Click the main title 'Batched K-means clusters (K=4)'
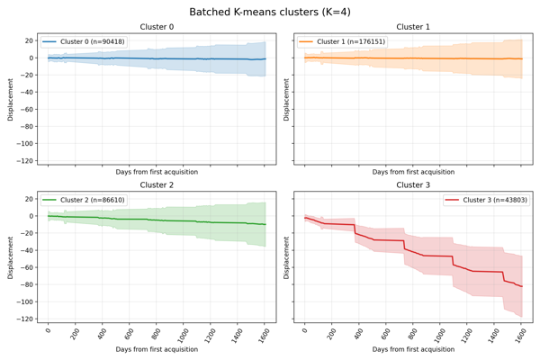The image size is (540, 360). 270,12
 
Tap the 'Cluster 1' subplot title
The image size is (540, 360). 413,27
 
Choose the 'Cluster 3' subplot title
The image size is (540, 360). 413,185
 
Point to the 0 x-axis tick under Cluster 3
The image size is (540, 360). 306,332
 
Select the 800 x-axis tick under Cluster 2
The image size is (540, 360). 156,334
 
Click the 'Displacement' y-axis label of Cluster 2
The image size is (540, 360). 11,257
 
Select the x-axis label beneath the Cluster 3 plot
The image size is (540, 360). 413,349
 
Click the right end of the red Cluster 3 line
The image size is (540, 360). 522,286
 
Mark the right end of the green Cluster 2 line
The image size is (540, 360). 265,224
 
